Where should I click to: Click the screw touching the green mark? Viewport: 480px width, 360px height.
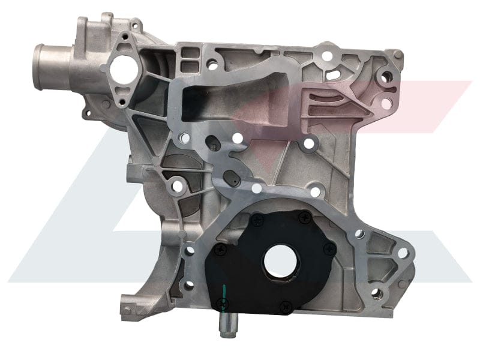[218, 303]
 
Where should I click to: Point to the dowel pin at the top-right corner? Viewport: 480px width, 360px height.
[387, 76]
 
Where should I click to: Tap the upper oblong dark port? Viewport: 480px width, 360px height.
[211, 142]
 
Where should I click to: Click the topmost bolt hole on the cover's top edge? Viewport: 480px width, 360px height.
[326, 56]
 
